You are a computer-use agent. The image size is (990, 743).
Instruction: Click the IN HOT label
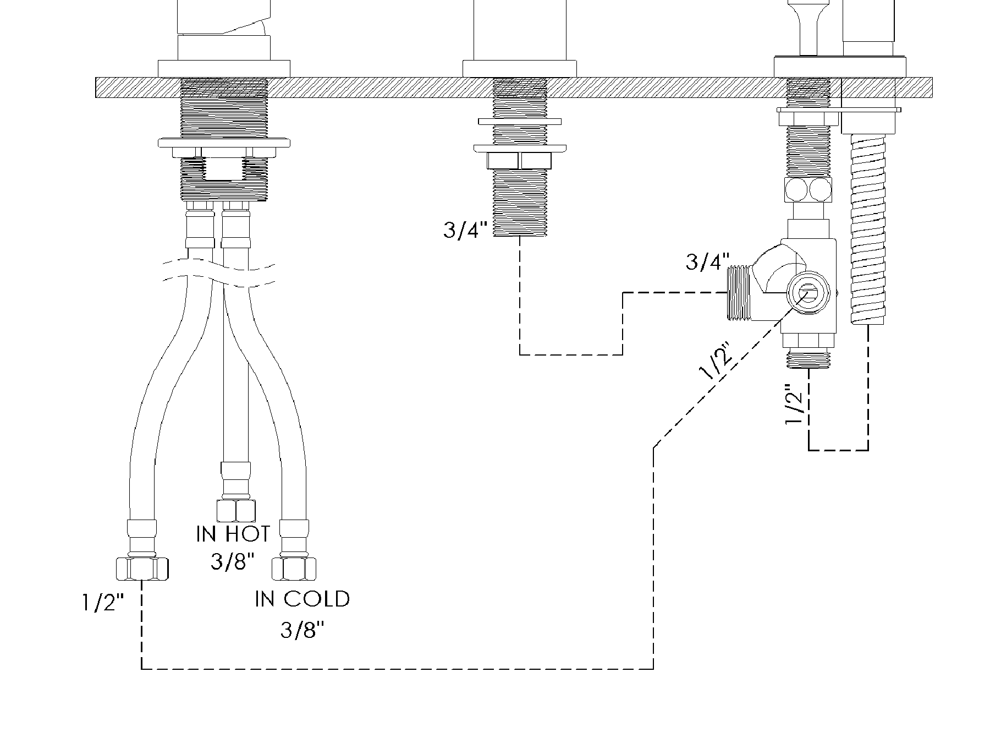pos(233,533)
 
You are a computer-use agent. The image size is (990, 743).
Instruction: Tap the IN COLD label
pos(302,599)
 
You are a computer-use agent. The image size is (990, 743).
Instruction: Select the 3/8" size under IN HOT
pos(233,561)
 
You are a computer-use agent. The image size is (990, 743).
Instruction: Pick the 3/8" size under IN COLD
pos(302,630)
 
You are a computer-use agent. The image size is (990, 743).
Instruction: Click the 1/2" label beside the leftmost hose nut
pos(103,603)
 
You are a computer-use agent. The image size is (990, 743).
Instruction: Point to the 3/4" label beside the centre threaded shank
pos(466,230)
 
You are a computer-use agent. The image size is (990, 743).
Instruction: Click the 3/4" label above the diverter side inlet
pos(708,261)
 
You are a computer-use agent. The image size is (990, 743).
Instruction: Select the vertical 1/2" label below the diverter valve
pos(796,405)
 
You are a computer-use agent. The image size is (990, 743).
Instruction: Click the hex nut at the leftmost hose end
pos(142,569)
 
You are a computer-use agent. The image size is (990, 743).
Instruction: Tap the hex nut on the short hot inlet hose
pos(236,510)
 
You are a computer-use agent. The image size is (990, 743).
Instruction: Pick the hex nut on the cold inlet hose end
pos(294,569)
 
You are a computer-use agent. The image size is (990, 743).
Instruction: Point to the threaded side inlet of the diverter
pos(740,293)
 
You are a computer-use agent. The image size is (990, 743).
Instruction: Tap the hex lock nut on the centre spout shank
pos(519,160)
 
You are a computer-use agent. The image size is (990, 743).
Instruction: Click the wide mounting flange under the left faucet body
pos(224,143)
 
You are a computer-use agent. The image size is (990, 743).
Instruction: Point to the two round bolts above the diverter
pos(808,190)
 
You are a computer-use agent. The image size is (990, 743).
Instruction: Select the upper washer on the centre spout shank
pos(520,121)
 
